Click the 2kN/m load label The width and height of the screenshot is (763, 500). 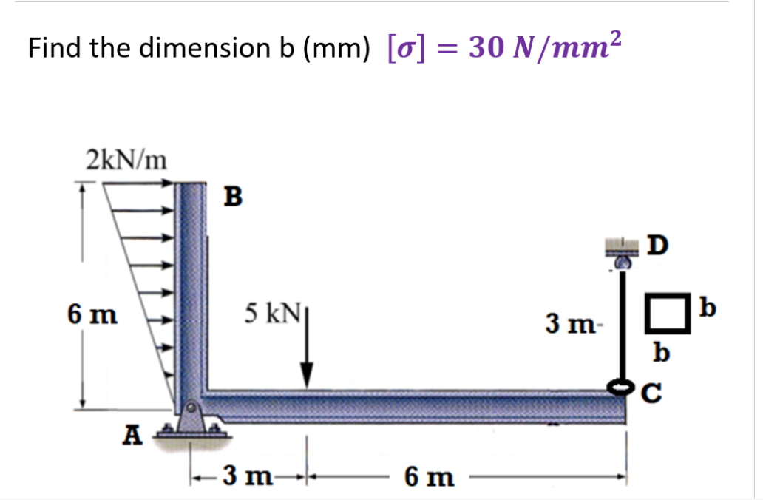126,158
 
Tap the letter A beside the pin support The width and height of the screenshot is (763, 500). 132,436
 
